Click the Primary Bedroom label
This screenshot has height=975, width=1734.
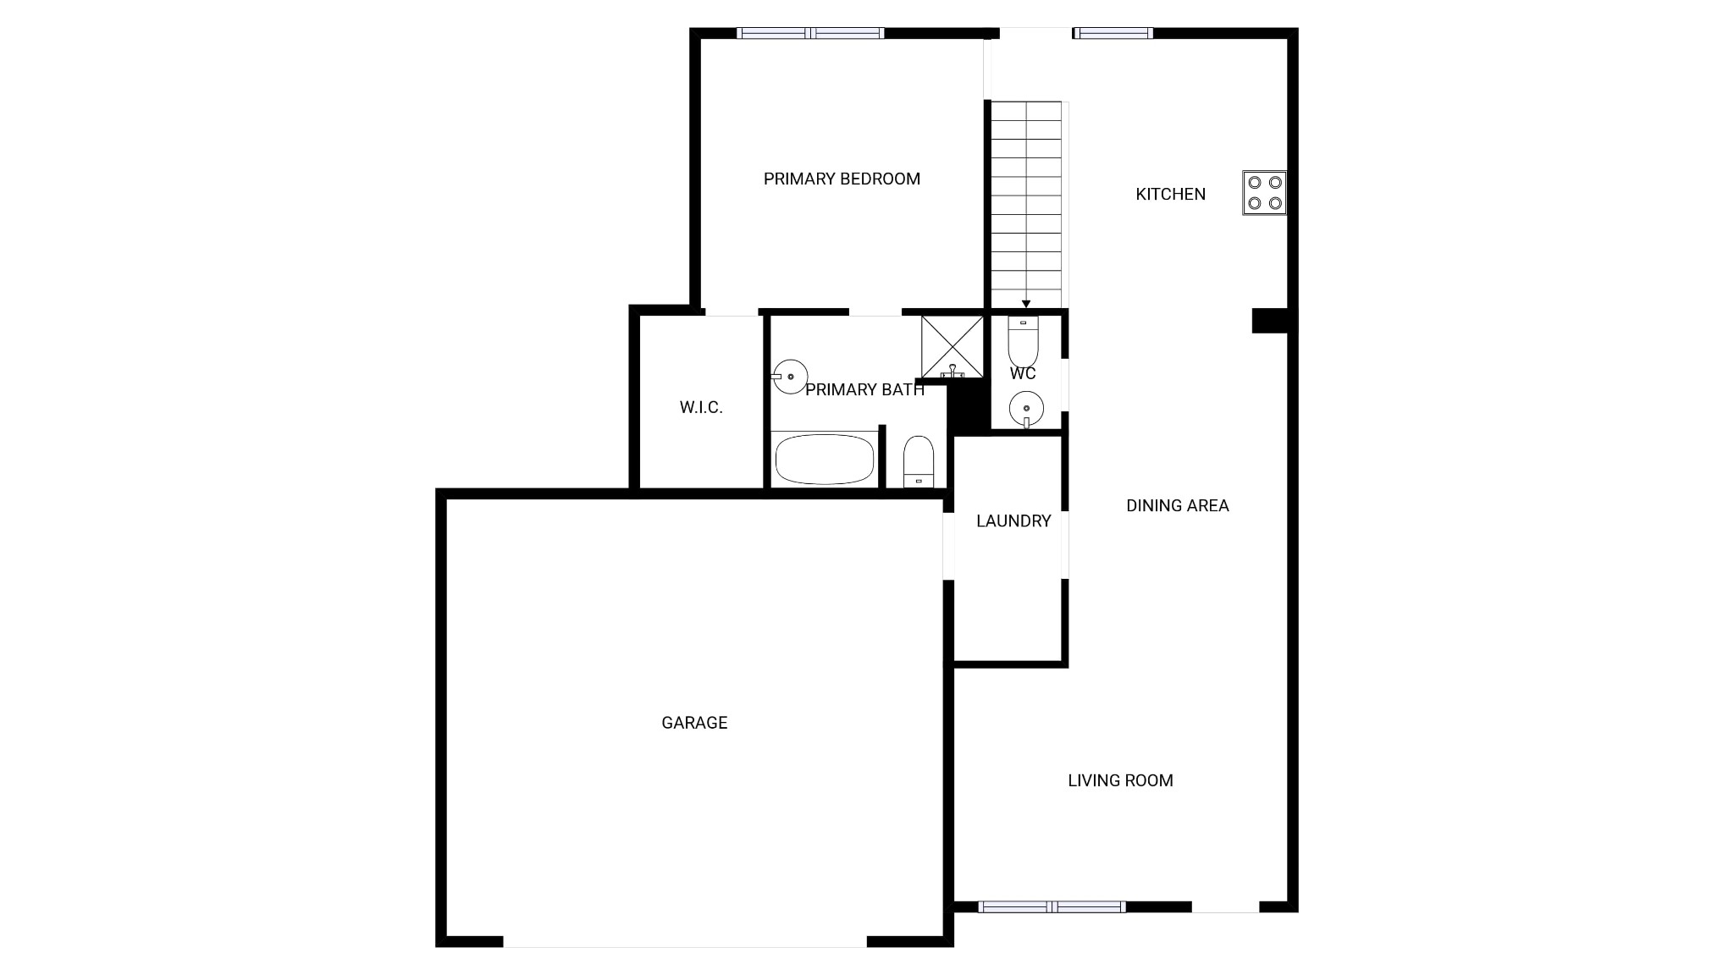[x=841, y=179]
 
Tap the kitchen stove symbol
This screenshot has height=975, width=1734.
[x=1264, y=193]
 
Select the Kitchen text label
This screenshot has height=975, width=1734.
[x=1170, y=194]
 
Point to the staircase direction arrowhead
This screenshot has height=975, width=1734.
[x=1026, y=304]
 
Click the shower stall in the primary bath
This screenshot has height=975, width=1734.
[x=953, y=346]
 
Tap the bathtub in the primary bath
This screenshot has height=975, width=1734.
[x=825, y=460]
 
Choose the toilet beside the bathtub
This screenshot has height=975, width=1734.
[x=918, y=461]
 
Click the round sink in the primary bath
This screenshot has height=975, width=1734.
[x=790, y=376]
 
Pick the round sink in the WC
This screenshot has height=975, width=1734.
[x=1026, y=409]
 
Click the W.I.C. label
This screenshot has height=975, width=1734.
[x=701, y=407]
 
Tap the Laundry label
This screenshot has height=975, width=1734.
[x=1013, y=521]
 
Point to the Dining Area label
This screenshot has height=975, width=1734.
[x=1177, y=505]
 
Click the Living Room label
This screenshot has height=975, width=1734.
[x=1119, y=780]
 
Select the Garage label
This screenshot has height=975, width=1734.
[x=694, y=722]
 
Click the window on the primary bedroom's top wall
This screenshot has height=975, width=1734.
[x=810, y=33]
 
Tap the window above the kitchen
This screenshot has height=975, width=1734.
[x=1113, y=33]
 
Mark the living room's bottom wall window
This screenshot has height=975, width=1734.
[x=1052, y=906]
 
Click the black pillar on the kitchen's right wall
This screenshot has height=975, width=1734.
[x=1272, y=321]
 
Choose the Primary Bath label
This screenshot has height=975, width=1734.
[x=864, y=389]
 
